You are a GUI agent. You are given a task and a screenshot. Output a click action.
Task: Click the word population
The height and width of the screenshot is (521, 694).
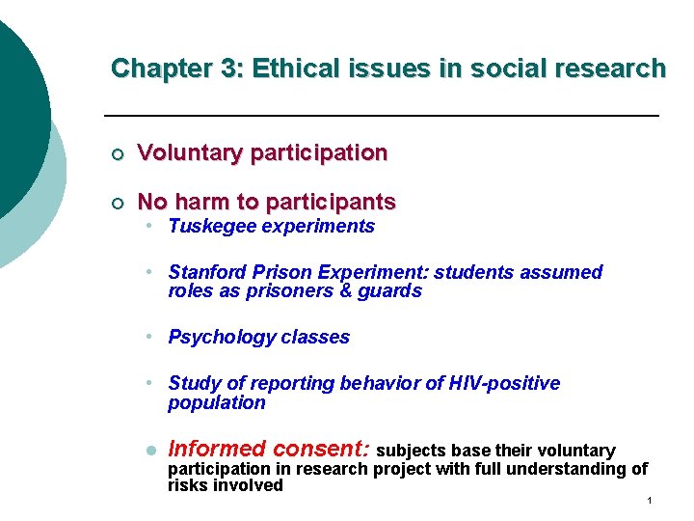point(216,403)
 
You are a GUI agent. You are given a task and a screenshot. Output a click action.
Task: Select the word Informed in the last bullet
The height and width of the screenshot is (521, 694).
point(217,449)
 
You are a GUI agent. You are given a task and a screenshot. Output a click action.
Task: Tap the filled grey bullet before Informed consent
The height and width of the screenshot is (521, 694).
point(150,451)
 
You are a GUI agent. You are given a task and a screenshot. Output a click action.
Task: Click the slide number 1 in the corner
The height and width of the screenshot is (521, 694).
point(651,501)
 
